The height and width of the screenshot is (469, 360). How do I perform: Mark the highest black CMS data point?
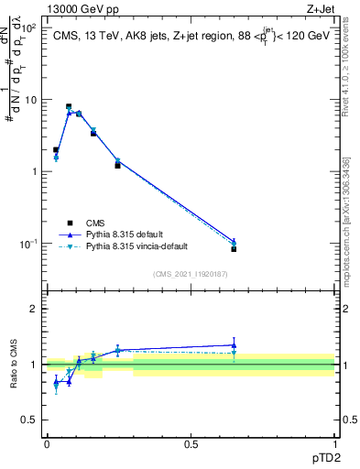[x=69, y=106]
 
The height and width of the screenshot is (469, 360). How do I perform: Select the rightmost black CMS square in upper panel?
[x=234, y=248]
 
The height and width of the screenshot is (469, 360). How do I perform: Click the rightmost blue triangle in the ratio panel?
[x=234, y=345]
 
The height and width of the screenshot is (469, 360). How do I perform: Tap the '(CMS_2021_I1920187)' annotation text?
[x=191, y=274]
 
